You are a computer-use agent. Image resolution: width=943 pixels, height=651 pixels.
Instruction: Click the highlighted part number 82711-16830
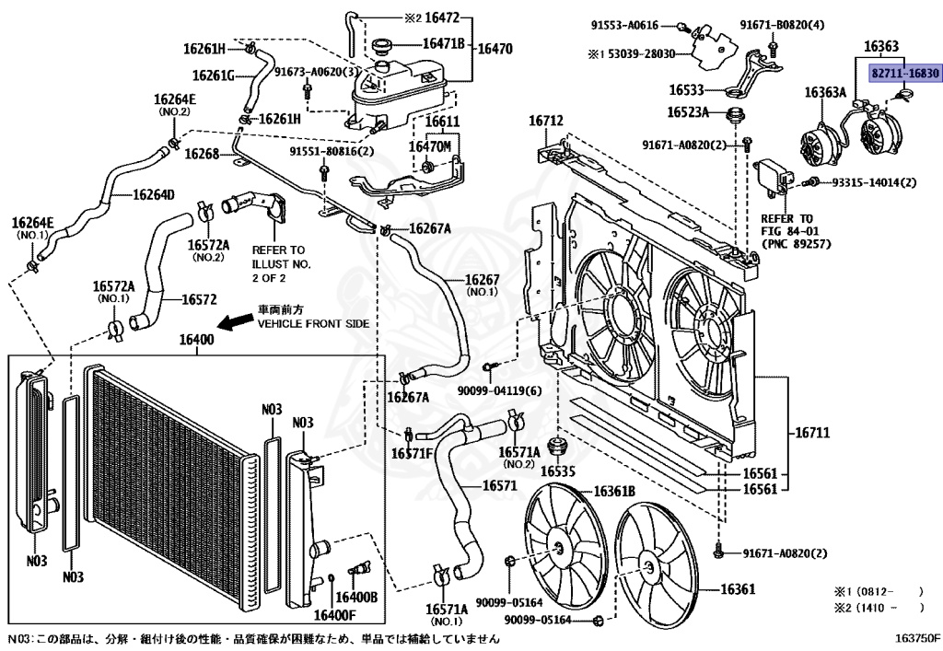click(905, 74)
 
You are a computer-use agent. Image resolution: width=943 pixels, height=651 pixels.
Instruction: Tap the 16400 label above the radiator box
click(197, 340)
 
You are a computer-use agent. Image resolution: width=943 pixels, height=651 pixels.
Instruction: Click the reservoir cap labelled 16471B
click(382, 46)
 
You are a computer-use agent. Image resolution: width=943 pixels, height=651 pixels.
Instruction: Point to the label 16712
click(546, 121)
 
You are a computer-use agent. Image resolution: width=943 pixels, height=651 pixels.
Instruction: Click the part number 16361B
click(614, 492)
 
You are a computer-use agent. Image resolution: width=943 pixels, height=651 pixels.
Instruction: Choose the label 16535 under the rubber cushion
click(557, 471)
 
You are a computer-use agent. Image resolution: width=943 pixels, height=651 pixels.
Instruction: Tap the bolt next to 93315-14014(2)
click(811, 180)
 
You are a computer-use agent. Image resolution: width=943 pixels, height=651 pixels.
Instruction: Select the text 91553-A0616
click(625, 25)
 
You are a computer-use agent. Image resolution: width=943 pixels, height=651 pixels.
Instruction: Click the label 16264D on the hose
click(154, 195)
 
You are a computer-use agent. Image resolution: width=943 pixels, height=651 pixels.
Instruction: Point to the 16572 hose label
click(199, 299)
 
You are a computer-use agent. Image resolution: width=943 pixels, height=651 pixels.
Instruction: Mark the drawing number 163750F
click(917, 638)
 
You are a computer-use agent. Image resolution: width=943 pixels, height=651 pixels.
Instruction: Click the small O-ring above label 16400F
click(332, 579)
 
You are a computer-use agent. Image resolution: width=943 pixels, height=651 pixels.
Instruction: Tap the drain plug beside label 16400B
click(359, 568)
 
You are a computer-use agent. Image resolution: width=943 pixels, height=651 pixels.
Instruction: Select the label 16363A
click(825, 92)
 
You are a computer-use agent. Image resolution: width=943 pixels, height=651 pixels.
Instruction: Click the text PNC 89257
click(797, 244)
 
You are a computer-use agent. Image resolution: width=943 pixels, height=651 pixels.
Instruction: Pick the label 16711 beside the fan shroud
click(812, 432)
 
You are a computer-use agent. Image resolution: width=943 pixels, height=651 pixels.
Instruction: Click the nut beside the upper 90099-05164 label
click(508, 562)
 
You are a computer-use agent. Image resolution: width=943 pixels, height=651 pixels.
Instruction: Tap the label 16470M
click(430, 146)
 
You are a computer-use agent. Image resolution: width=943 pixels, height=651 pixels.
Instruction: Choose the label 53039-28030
click(641, 54)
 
